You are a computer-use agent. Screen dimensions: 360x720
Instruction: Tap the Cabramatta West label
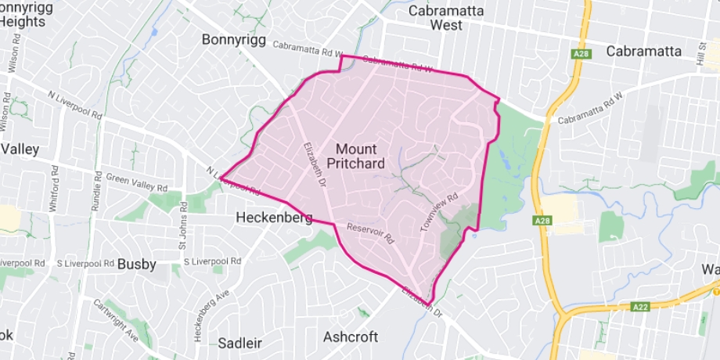[x=446, y=18]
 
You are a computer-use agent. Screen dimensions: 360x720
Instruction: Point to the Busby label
[x=137, y=265]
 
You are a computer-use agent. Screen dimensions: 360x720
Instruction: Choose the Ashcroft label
[x=351, y=337]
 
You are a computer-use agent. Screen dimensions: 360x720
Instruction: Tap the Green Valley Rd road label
[x=137, y=182]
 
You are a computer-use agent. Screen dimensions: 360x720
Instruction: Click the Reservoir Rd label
[x=371, y=232]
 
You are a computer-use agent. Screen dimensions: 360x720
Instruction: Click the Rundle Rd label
[x=98, y=198]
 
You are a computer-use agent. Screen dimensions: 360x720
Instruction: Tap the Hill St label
[x=702, y=54]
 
